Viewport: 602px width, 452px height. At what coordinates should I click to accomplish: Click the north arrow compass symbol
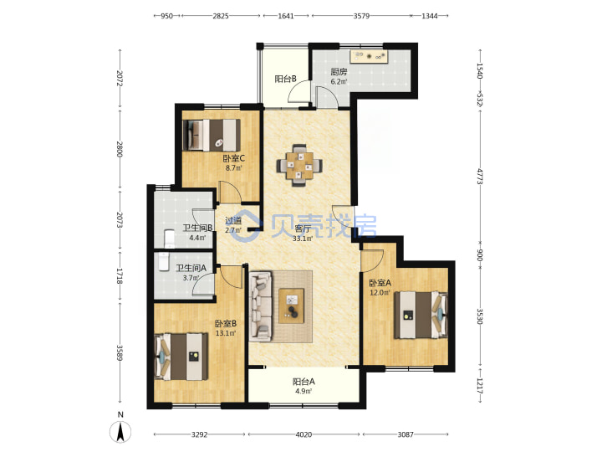[120, 432]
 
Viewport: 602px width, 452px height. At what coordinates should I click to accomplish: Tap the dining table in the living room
[299, 166]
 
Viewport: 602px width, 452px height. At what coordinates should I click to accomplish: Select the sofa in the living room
[260, 306]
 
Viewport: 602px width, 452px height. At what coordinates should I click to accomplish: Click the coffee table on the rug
[292, 306]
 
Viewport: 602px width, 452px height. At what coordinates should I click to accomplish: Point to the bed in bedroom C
[212, 136]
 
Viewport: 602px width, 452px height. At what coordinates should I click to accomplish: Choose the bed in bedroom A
[421, 316]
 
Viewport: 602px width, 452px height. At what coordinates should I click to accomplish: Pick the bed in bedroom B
[181, 357]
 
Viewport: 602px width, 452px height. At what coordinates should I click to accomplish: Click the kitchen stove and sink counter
[369, 57]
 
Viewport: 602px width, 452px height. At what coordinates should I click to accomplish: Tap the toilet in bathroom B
[169, 239]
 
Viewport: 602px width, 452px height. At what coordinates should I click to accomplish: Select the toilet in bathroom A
[163, 262]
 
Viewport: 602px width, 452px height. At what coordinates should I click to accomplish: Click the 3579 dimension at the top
[361, 16]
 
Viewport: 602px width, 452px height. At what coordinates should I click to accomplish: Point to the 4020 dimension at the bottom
[304, 434]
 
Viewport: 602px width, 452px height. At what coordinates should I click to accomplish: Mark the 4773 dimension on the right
[479, 176]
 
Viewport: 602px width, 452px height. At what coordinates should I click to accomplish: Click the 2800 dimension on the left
[120, 149]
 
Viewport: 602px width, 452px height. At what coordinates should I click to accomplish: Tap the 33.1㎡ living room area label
[303, 239]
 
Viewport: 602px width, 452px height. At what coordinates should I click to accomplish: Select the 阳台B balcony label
[285, 79]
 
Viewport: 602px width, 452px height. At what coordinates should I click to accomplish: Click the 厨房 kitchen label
[339, 72]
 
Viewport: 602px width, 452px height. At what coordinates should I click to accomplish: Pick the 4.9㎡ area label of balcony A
[304, 391]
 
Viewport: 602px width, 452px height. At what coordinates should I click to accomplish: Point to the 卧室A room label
[380, 283]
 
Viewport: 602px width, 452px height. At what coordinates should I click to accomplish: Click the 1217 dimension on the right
[479, 386]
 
